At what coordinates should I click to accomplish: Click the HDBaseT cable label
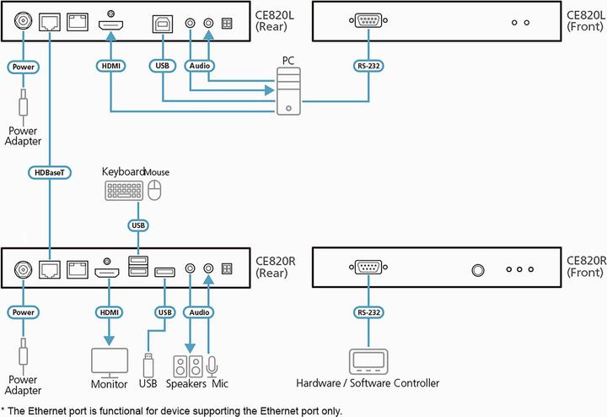pos(51,171)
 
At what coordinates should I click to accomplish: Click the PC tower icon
pos(289,94)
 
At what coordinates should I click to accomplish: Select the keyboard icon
pos(124,192)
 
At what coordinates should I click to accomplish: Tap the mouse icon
pos(154,192)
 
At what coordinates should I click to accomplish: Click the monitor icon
pos(109,361)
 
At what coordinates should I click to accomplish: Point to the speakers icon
pos(187,366)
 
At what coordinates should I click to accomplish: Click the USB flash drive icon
pos(149,365)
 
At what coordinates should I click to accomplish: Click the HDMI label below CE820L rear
pos(111,64)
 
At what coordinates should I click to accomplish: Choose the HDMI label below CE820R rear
pos(109,312)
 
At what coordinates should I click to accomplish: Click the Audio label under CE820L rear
pos(199,64)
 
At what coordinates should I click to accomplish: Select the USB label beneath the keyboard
pos(138,225)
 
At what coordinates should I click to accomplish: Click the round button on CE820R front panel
pos(478,270)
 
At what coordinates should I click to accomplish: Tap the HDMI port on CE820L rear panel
pos(111,25)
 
